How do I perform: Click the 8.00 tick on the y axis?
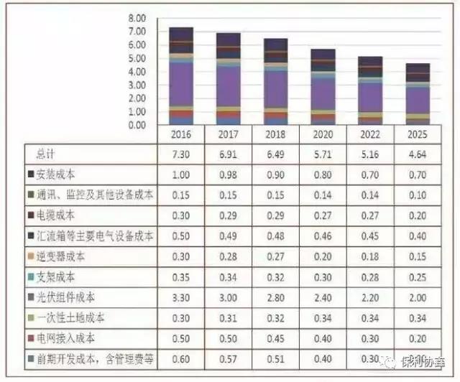[136, 17]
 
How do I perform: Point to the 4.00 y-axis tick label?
[136, 71]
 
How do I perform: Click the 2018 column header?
[276, 134]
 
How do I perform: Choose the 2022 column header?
[370, 134]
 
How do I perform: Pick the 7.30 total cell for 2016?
[181, 154]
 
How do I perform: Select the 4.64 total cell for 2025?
[418, 154]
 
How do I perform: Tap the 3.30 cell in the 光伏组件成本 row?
[181, 296]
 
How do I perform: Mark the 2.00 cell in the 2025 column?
[418, 296]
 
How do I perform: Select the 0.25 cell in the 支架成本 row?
[418, 276]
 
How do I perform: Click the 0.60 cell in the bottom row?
[181, 358]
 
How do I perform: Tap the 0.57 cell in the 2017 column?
[229, 358]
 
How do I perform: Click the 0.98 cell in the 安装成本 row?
[229, 174]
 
